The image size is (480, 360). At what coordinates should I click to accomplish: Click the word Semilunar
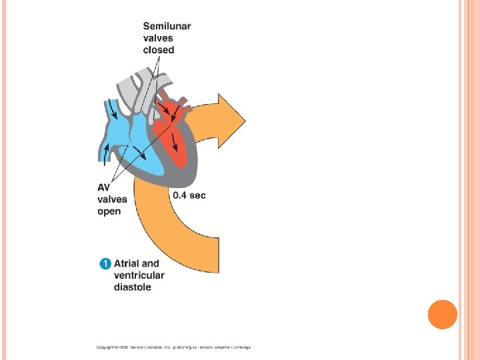[x=167, y=26]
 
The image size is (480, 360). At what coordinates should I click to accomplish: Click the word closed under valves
[x=158, y=50]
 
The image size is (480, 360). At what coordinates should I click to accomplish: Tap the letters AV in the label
[x=105, y=187]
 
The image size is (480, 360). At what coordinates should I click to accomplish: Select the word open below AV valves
[x=109, y=211]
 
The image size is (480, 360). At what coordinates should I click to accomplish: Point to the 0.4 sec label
[x=189, y=195]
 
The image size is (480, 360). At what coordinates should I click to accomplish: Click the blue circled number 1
[x=105, y=263]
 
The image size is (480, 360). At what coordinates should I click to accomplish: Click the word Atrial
[x=127, y=263]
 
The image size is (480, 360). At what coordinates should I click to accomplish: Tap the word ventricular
[x=139, y=275]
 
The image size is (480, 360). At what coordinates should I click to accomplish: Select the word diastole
[x=132, y=287]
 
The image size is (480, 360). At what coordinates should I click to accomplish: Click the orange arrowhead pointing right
[x=231, y=120]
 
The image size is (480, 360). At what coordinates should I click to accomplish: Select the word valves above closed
[x=158, y=38]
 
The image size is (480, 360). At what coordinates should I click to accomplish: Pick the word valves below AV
[x=112, y=199]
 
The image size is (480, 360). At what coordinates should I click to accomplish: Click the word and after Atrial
[x=151, y=263]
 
